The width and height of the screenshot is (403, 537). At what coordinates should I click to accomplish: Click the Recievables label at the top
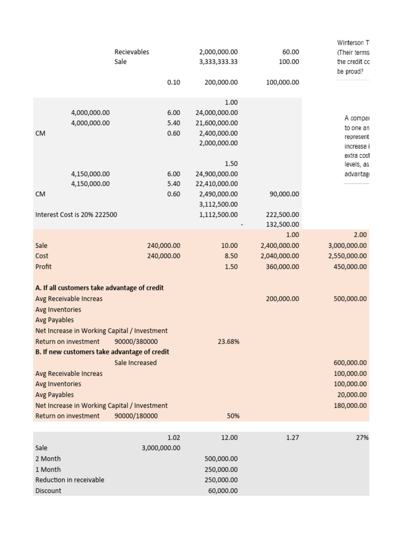[132, 52]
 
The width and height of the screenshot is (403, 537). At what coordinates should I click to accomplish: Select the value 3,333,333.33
[218, 61]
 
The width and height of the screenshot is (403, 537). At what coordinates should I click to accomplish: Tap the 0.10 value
[173, 82]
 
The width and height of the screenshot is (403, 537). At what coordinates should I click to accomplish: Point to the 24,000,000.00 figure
[216, 113]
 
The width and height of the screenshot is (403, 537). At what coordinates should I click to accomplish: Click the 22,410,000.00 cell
[216, 184]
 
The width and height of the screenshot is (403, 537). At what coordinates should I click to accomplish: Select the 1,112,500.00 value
[218, 214]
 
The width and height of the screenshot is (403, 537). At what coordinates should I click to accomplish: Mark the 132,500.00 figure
[283, 224]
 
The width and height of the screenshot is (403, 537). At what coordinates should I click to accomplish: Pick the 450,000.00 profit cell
[350, 266]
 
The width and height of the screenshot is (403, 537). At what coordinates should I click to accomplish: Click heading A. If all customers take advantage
[99, 288]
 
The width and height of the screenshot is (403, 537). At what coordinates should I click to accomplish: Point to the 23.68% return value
[228, 341]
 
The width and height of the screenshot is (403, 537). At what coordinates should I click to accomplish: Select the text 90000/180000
[136, 416]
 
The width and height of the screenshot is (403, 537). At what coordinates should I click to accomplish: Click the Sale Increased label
[135, 363]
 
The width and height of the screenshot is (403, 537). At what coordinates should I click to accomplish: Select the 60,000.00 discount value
[220, 491]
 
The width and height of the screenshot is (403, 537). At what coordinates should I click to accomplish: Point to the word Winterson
[351, 42]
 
